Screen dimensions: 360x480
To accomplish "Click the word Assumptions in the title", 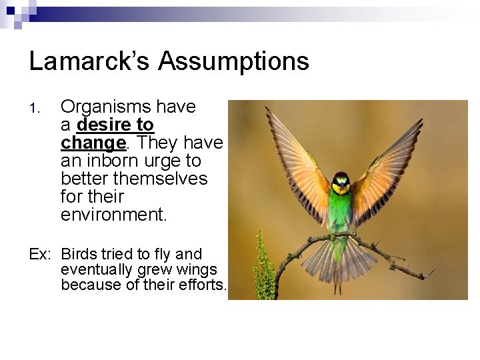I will pyautogui.click(x=233, y=61).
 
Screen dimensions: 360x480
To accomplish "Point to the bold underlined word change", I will pyautogui.click(x=93, y=143).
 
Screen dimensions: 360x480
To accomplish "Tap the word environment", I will pyautogui.click(x=111, y=215).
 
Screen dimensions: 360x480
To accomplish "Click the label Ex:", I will pyautogui.click(x=41, y=254).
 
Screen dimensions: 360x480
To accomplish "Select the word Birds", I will pyautogui.click(x=79, y=254).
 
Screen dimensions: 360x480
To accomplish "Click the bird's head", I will pyautogui.click(x=341, y=181).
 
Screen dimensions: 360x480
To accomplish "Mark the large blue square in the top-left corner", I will pyautogui.click(x=9, y=9).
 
